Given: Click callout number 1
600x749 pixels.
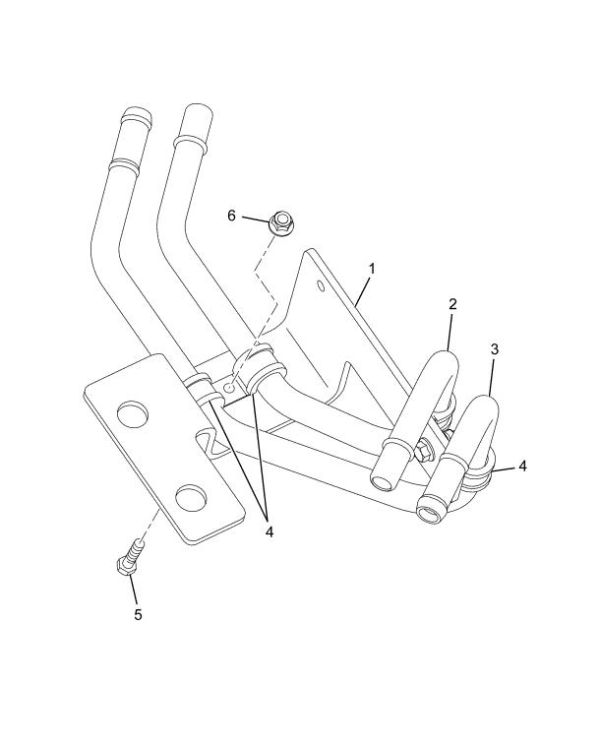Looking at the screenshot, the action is coord(372,269).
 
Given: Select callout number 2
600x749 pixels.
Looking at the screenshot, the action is coord(452,304).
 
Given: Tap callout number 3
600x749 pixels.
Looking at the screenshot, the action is coord(495,349).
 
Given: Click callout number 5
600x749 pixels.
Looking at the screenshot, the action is coord(138,614).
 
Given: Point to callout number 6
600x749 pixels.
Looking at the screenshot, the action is coord(231,216).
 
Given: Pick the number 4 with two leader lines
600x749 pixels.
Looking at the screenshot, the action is coord(270,531).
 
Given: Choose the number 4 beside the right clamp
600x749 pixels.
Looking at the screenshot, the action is coord(522,467).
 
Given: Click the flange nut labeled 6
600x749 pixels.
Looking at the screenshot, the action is coord(280,223).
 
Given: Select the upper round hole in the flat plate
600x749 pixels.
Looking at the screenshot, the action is coord(132,411).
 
